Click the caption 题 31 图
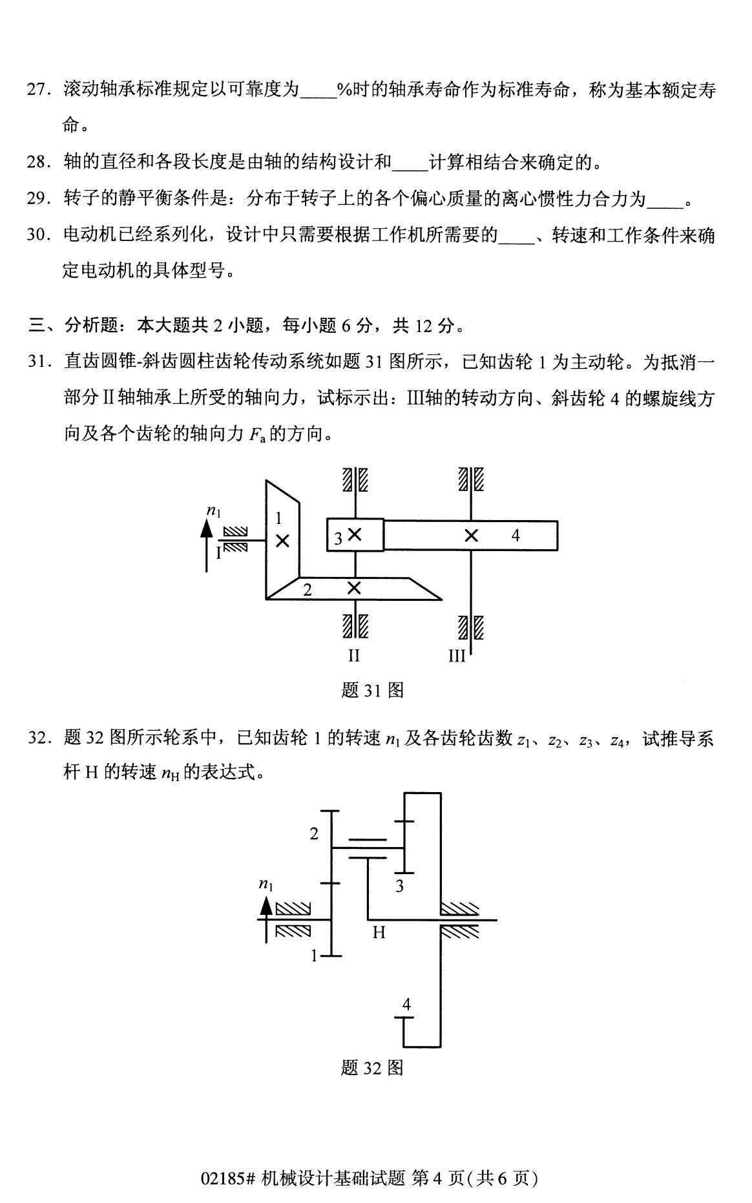[x=372, y=691]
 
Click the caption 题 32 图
[x=372, y=1068]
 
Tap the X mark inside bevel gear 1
[x=282, y=541]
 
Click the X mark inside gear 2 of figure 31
[x=354, y=588]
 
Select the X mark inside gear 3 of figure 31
[x=355, y=534]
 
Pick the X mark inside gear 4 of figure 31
[x=472, y=536]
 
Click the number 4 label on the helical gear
[x=516, y=535]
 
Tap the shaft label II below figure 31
[x=353, y=656]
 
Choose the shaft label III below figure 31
[x=457, y=656]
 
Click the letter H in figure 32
[x=379, y=932]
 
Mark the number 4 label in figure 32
[x=406, y=1004]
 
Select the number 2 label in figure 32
[x=314, y=833]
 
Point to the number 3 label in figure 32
[x=400, y=886]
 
